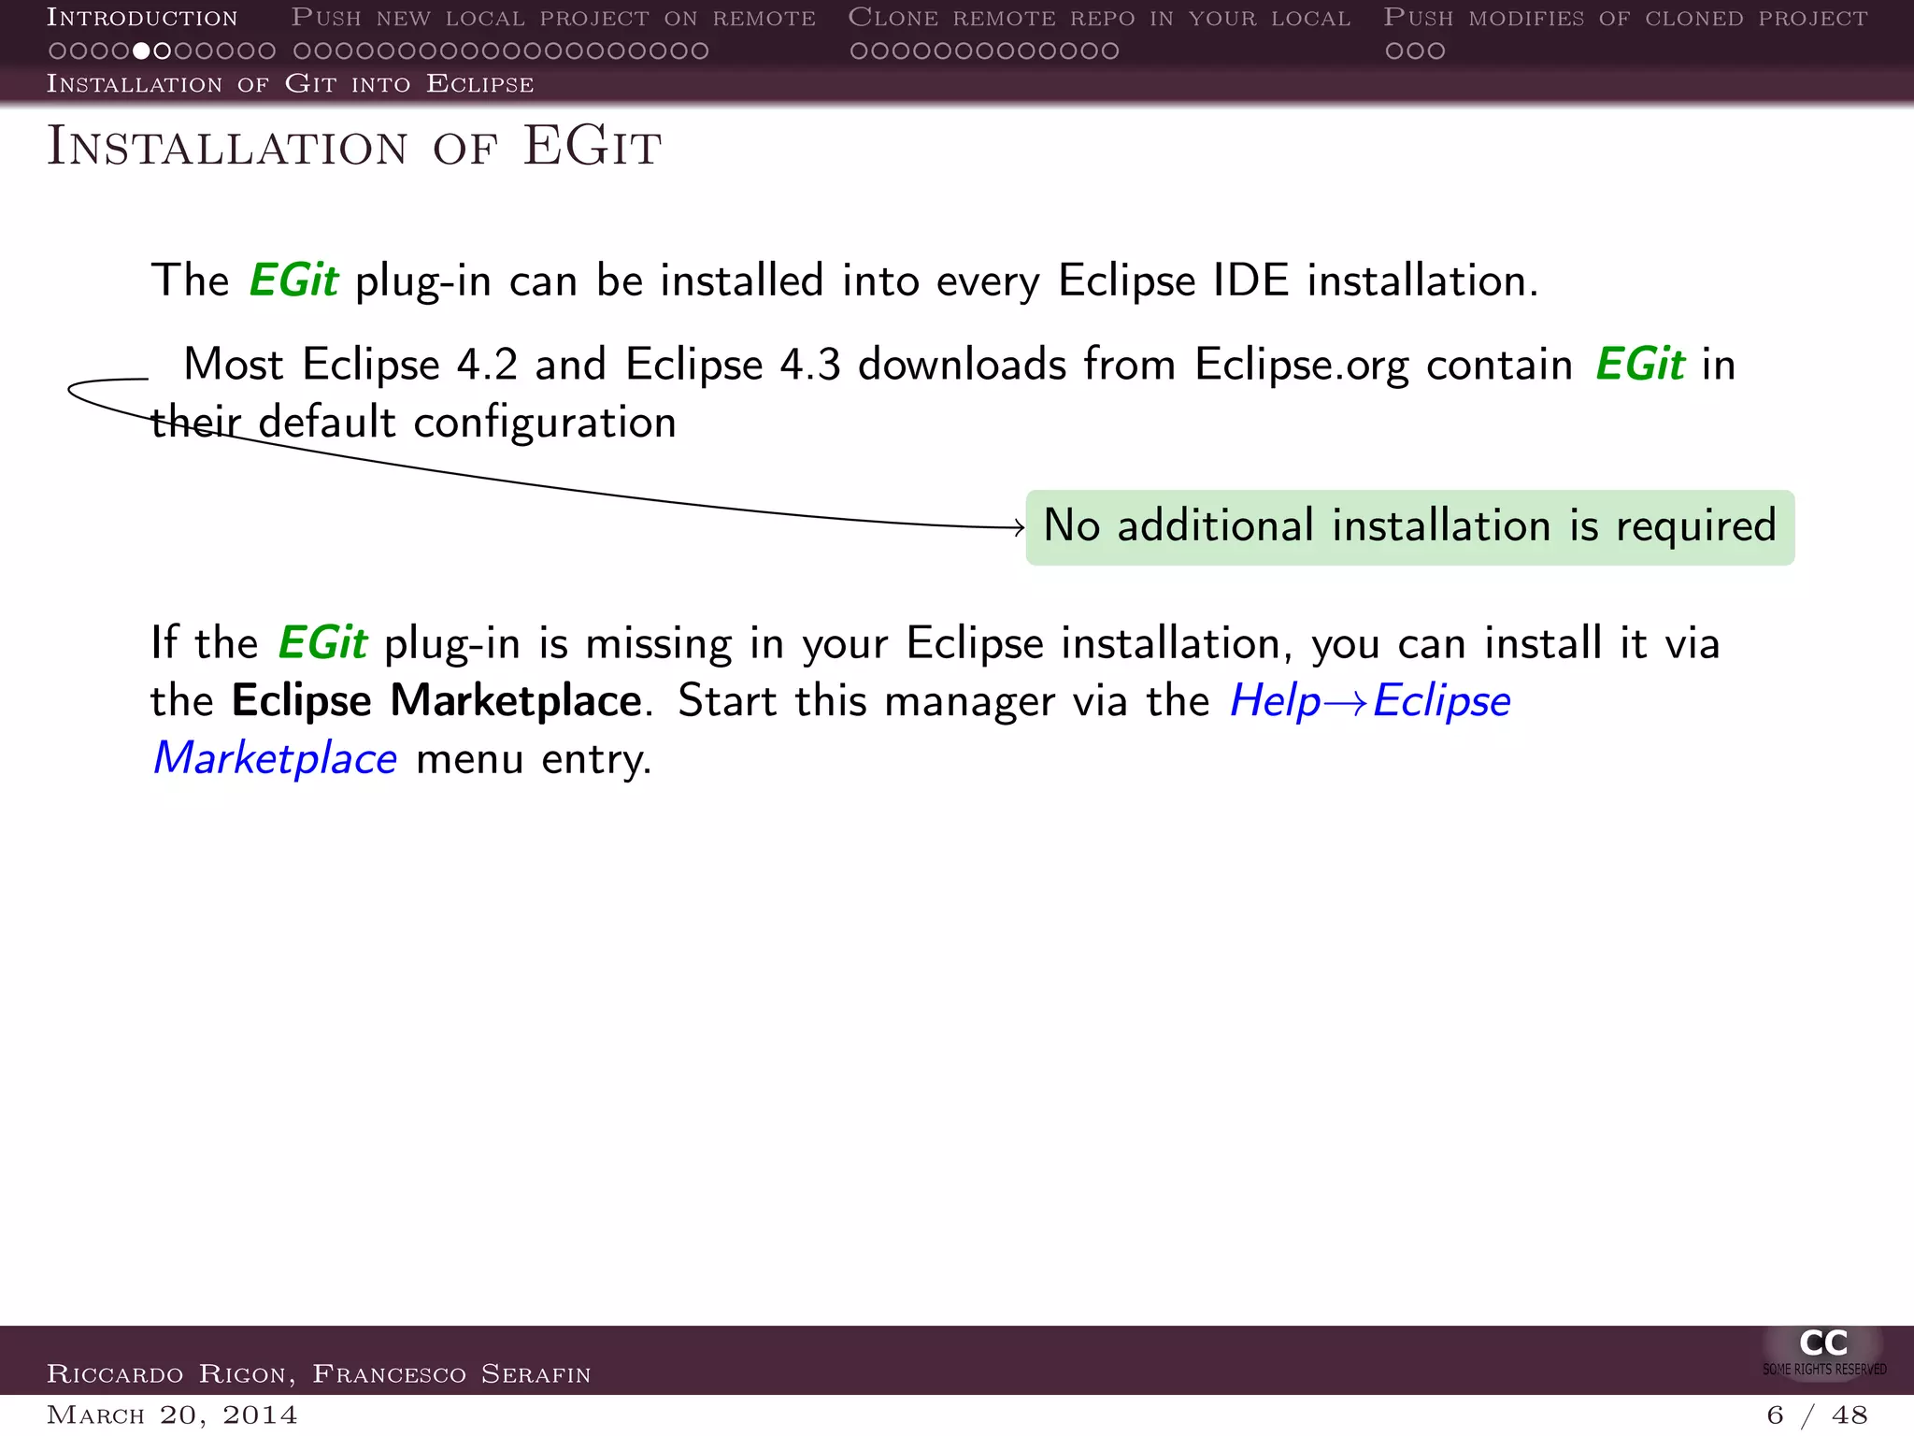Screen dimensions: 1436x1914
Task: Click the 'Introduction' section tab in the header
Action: [142, 18]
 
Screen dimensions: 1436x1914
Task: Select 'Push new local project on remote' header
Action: [553, 18]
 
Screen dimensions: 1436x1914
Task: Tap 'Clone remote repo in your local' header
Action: [1099, 18]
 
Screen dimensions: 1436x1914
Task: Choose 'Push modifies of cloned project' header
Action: [1625, 18]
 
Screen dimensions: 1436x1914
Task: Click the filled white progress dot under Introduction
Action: [141, 50]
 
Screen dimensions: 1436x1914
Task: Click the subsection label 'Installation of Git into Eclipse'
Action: [291, 84]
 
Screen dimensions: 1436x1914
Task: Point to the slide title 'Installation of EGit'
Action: [354, 147]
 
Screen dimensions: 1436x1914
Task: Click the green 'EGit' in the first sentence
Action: [293, 280]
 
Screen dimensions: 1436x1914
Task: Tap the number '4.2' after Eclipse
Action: [486, 365]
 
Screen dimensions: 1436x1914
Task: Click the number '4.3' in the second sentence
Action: [809, 365]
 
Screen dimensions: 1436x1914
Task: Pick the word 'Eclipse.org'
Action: [1301, 366]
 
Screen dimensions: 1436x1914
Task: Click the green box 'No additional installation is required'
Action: [1409, 527]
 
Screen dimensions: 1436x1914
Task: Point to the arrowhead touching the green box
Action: [1020, 528]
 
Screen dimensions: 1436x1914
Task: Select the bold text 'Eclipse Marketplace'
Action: [436, 700]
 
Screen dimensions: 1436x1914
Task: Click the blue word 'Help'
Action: [1275, 701]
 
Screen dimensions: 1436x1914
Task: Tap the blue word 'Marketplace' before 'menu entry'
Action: [276, 758]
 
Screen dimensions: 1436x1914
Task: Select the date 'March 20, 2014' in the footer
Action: [172, 1414]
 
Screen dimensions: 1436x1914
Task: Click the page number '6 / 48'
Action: [1817, 1415]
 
